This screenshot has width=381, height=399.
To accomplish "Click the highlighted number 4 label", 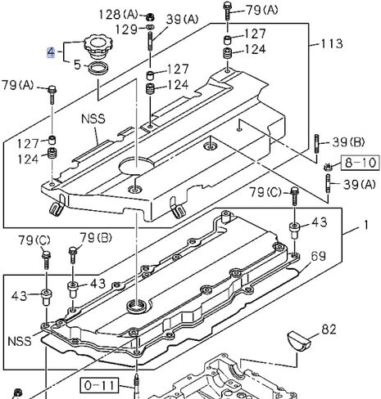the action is click(51, 52).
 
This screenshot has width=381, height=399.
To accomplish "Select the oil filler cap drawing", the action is click(98, 47).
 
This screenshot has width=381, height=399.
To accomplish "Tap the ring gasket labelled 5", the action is click(98, 68).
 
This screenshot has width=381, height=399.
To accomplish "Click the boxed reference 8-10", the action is click(360, 163).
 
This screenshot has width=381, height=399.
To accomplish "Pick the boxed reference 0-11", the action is click(99, 385).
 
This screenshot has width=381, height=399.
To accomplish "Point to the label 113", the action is click(331, 43).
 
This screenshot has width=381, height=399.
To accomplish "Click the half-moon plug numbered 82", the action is click(299, 340).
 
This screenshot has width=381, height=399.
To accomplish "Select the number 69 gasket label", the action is click(318, 256).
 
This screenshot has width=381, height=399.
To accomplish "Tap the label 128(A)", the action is click(119, 14).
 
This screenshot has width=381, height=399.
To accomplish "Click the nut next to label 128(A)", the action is click(150, 17).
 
